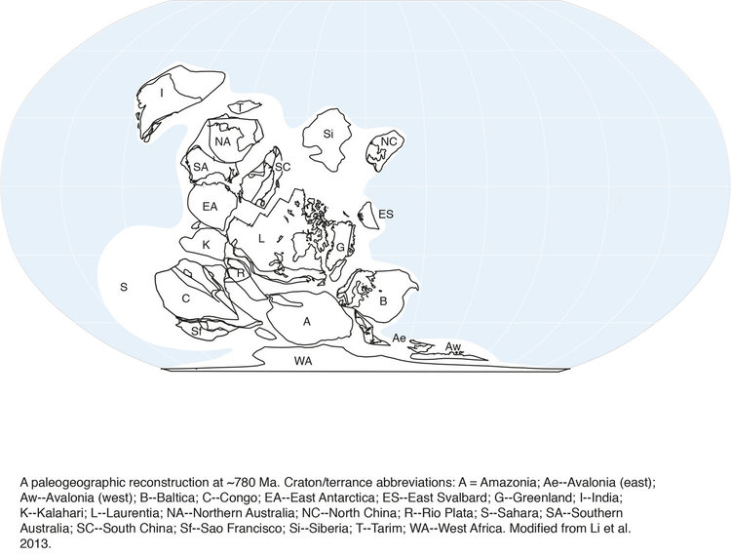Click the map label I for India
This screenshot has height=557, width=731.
[162, 94]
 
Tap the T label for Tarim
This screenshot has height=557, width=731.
[240, 108]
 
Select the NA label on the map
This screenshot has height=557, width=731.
[223, 140]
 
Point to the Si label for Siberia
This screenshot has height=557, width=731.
[328, 134]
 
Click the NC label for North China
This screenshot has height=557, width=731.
[389, 141]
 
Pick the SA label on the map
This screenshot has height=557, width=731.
[201, 167]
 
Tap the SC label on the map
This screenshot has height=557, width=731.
[283, 167]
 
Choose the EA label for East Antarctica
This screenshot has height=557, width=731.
[210, 206]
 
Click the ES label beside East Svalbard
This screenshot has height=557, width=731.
[386, 215]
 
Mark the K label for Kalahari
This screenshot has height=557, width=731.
[206, 245]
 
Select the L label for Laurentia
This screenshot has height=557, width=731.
[261, 239]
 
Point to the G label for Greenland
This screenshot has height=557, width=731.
[340, 247]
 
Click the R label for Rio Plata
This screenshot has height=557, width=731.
[240, 273]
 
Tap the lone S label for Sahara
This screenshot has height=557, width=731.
[124, 287]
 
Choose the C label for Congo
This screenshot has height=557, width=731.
[185, 298]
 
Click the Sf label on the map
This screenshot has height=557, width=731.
[196, 332]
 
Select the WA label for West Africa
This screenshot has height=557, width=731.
[303, 361]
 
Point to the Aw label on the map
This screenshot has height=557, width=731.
[452, 346]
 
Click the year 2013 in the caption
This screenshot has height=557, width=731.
[35, 543]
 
